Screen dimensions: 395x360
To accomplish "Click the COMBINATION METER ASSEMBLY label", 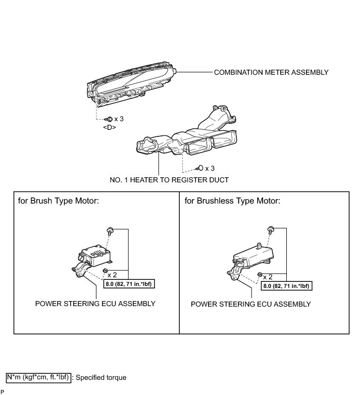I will click(x=271, y=72).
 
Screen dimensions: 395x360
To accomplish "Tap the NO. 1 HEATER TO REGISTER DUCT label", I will click(x=169, y=180).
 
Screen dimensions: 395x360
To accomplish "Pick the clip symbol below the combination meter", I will click(x=109, y=119).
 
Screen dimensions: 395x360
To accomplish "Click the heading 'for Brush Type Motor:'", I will click(x=58, y=201).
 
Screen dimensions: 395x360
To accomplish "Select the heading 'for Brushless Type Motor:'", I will click(x=232, y=201).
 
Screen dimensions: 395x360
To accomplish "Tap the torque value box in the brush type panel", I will click(x=129, y=284).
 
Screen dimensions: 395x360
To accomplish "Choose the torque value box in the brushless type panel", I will click(x=287, y=286).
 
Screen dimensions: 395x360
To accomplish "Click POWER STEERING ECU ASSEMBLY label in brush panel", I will click(x=95, y=304).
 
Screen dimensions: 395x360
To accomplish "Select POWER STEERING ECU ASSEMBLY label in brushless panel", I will click(x=251, y=304).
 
